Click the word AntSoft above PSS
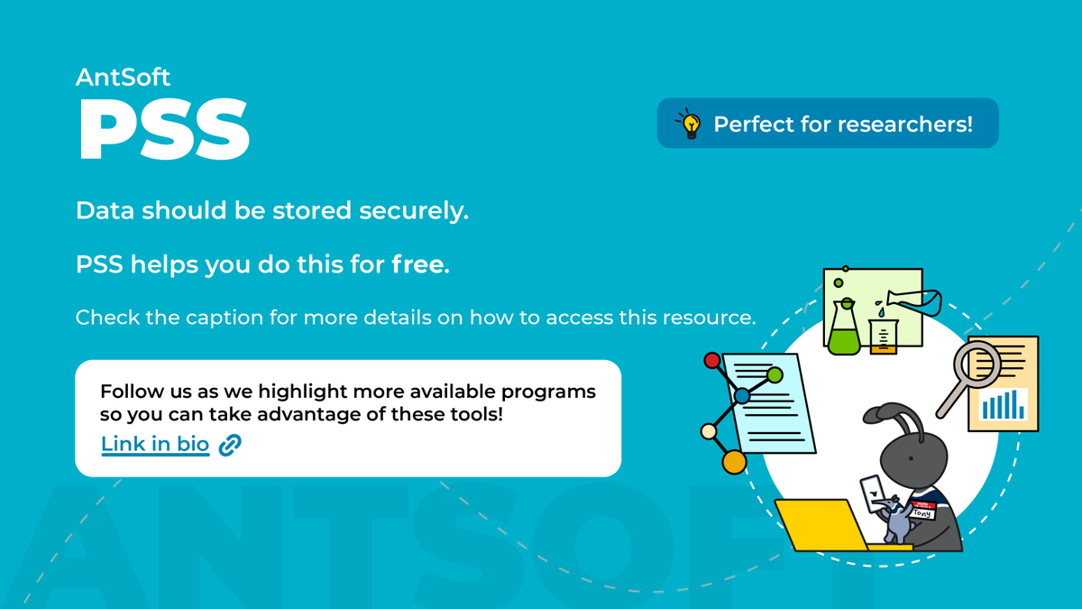123,78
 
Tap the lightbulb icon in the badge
691,124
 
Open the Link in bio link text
155,444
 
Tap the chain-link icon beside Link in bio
231,444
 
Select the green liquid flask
845,334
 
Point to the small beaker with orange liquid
884,336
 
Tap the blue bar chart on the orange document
1004,405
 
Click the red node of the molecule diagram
712,361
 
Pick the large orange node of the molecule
734,462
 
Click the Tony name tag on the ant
922,510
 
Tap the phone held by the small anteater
874,492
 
